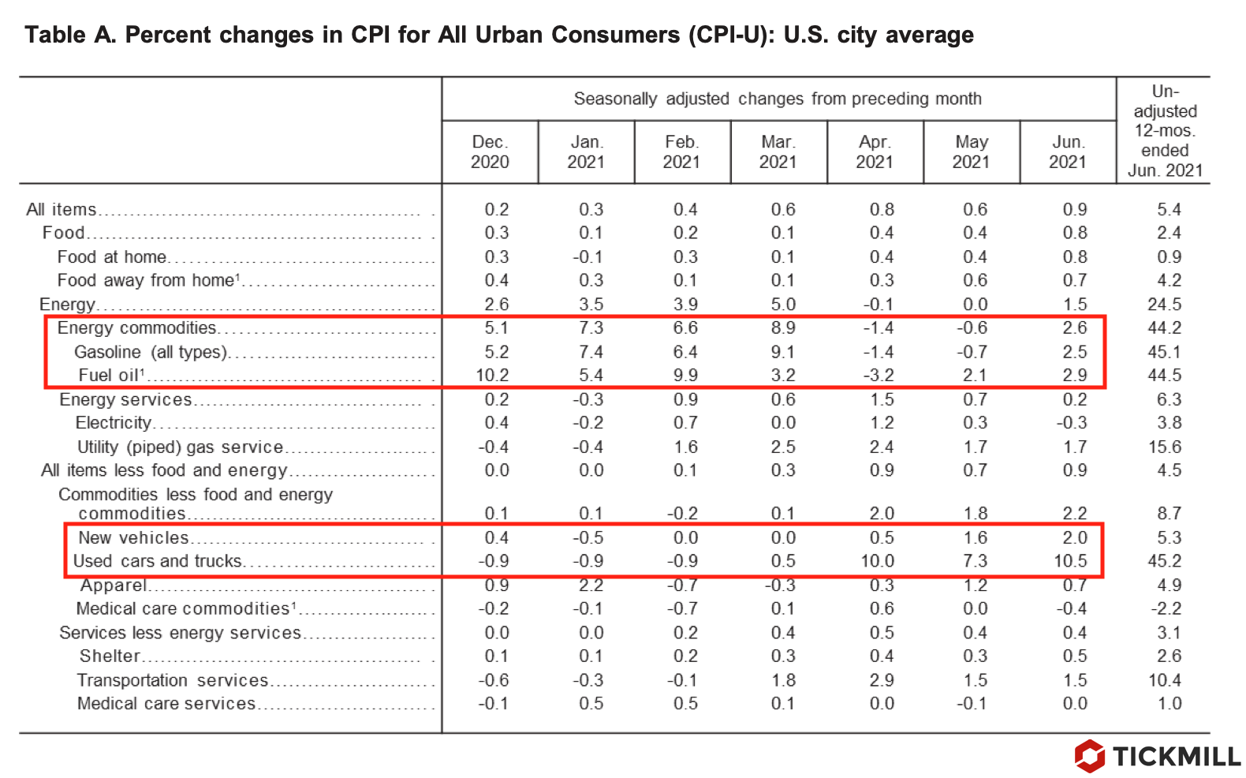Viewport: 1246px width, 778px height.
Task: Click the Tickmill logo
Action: click(1156, 756)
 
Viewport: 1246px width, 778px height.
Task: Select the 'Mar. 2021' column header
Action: click(778, 152)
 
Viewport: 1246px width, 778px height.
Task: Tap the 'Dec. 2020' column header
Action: click(490, 152)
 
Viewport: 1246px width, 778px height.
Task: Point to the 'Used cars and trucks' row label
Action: click(158, 561)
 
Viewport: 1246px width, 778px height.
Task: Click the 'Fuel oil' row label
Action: click(110, 376)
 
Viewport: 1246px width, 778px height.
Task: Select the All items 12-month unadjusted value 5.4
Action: click(1169, 209)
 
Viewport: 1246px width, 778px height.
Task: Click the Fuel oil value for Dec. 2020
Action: click(492, 376)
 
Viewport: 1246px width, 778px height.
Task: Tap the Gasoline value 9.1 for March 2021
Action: click(782, 352)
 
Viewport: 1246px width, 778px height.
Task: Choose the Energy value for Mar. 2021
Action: click(782, 305)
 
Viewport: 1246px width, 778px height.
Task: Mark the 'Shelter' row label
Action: click(110, 656)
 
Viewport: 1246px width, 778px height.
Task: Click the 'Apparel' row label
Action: click(114, 585)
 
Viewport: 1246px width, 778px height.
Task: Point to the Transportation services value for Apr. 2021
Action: click(881, 680)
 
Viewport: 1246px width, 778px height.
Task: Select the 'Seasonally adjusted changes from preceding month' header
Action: click(778, 99)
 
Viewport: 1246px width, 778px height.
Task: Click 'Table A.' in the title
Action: click(70, 36)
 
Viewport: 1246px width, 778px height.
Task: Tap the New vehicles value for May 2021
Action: click(975, 537)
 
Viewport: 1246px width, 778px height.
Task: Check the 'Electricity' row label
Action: click(113, 423)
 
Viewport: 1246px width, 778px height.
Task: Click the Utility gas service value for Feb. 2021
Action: click(685, 447)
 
